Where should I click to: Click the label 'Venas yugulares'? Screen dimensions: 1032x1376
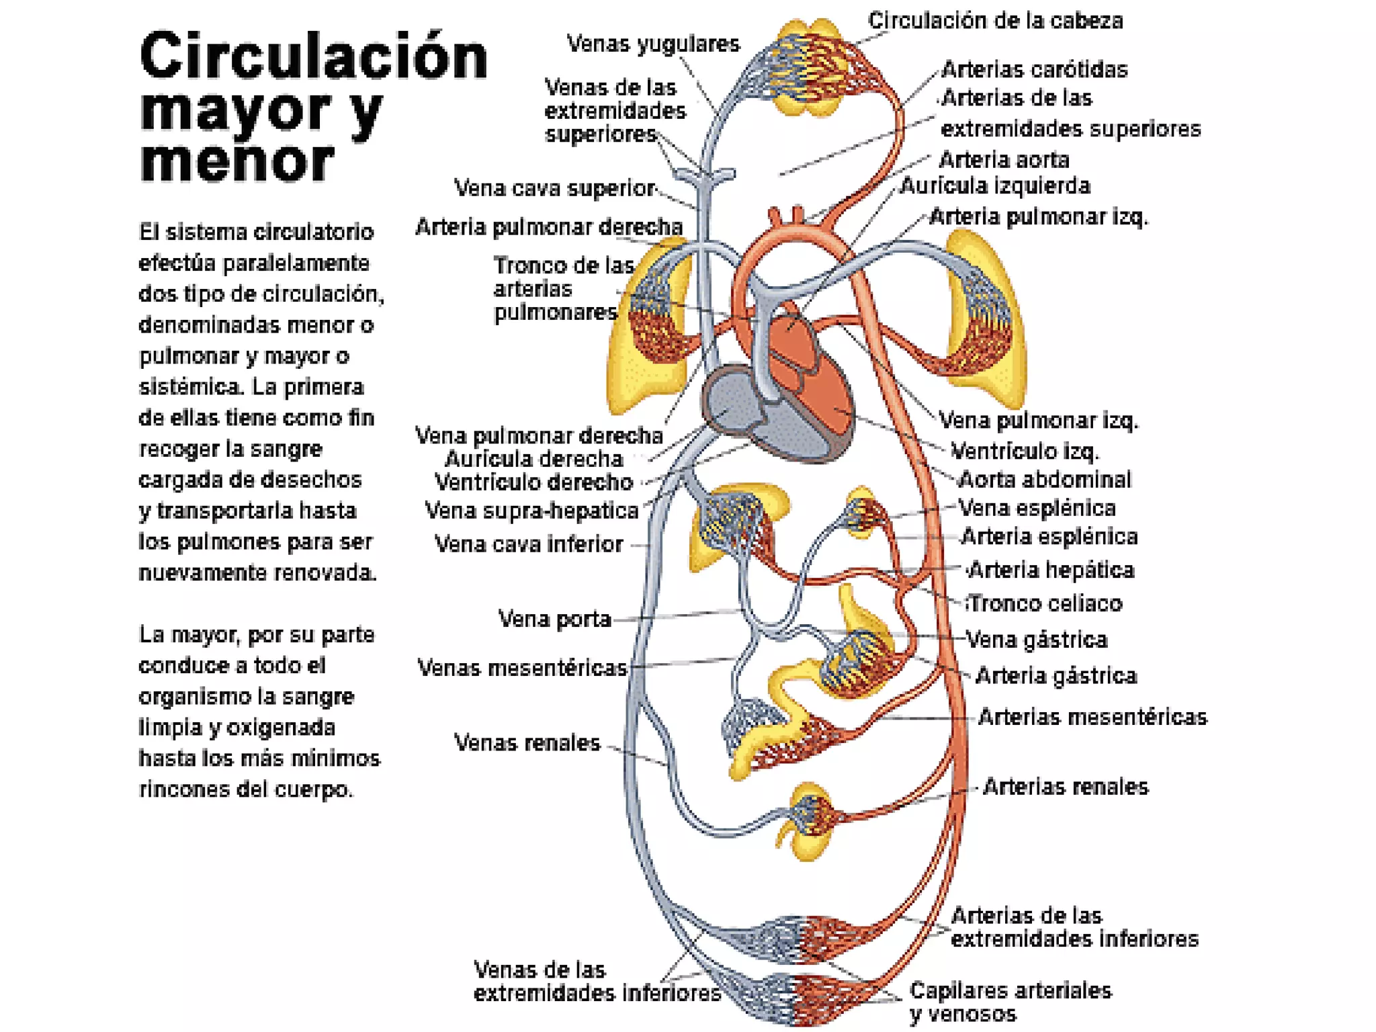tap(652, 44)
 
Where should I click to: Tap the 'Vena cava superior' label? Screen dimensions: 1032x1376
tap(554, 188)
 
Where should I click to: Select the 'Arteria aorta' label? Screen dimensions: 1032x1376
tap(1004, 160)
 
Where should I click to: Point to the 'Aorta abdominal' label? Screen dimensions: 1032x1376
tap(1044, 480)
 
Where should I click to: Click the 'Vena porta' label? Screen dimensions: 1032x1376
tap(554, 619)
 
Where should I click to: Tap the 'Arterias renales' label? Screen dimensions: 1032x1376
tap(1065, 787)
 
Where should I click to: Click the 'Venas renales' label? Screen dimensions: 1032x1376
tap(527, 743)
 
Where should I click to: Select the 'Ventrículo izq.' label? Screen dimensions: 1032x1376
tap(1025, 451)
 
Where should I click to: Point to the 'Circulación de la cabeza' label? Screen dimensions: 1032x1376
tap(995, 21)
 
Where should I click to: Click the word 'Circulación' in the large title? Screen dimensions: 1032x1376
tap(313, 56)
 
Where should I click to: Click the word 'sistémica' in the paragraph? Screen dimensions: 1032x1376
tap(183, 387)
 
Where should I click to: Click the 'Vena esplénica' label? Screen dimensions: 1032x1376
tap(1037, 509)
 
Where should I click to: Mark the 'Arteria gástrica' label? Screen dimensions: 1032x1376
tap(1056, 676)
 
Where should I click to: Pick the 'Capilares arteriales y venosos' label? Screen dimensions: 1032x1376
tap(1010, 1001)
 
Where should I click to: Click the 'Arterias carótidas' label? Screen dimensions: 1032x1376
tap(1034, 70)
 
